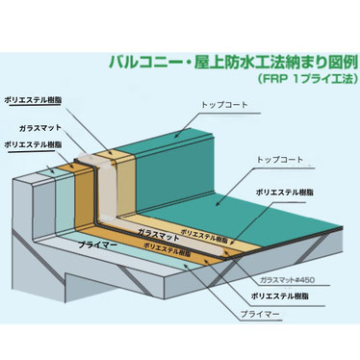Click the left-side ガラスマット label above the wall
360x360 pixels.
39,129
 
